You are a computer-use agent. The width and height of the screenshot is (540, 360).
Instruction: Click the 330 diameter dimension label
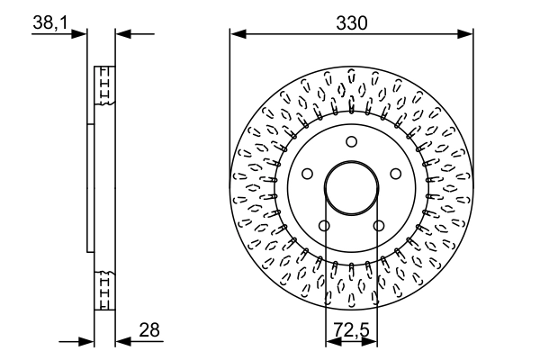351,22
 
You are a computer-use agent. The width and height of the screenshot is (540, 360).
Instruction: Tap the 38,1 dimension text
49,24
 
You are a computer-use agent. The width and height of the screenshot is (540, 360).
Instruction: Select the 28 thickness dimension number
149,330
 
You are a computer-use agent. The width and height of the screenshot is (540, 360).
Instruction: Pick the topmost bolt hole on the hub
352,140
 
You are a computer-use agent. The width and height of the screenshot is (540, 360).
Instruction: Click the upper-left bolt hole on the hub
308,173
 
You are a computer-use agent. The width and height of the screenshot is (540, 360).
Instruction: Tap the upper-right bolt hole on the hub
395,173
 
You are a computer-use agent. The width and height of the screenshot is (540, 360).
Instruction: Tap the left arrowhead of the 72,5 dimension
330,342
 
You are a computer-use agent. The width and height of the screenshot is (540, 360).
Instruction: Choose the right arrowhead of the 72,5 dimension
373,342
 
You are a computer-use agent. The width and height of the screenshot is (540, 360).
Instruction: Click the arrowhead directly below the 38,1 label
80,35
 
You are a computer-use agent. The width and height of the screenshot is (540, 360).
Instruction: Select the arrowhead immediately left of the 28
123,342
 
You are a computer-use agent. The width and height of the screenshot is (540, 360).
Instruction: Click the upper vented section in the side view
104,85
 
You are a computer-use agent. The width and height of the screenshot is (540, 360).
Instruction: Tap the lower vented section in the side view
104,290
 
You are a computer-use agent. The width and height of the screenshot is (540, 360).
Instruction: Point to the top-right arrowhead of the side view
123,35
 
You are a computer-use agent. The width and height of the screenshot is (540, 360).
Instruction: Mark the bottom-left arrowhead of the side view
87,342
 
